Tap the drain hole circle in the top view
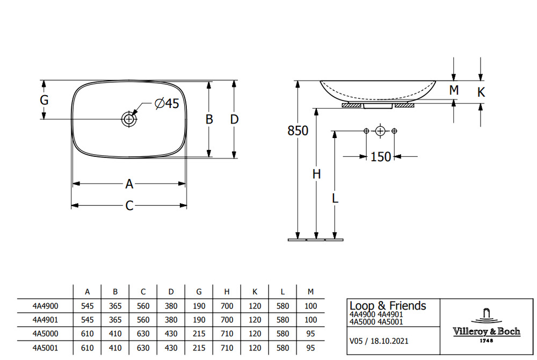click(129, 119)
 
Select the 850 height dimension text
click(298, 131)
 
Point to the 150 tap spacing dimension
click(381, 156)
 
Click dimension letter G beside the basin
click(45, 100)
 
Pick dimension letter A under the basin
click(129, 184)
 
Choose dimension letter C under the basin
click(129, 206)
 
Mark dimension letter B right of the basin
click(209, 119)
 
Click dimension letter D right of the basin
click(234, 119)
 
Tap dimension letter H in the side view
click(317, 174)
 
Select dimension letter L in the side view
click(335, 198)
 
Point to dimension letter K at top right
click(481, 92)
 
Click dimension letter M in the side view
click(454, 90)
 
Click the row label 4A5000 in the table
click(46, 333)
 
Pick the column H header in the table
click(227, 292)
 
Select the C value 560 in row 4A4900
click(143, 306)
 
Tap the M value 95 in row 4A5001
click(311, 347)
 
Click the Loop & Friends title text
click(388, 306)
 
